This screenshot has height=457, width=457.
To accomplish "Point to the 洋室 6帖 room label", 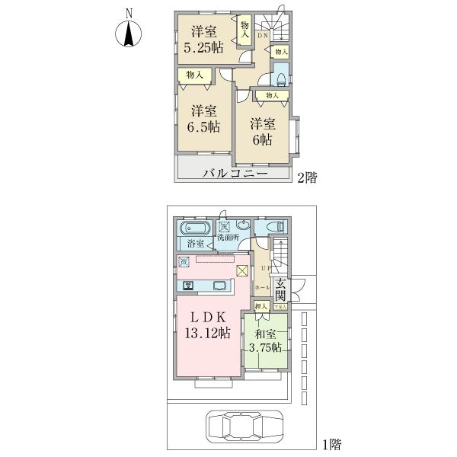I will click(261, 131).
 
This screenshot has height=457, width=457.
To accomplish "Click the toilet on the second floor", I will click(280, 74).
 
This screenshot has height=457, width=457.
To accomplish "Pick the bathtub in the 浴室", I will click(196, 228).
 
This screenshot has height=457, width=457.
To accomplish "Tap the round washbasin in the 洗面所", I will click(242, 225).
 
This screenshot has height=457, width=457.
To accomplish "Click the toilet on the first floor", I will click(276, 226).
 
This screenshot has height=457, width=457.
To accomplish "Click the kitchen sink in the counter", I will click(222, 286).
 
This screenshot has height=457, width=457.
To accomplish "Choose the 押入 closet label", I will click(262, 305).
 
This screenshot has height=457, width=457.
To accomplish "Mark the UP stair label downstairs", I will click(266, 268).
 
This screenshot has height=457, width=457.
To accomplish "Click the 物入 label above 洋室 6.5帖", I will click(194, 75).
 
